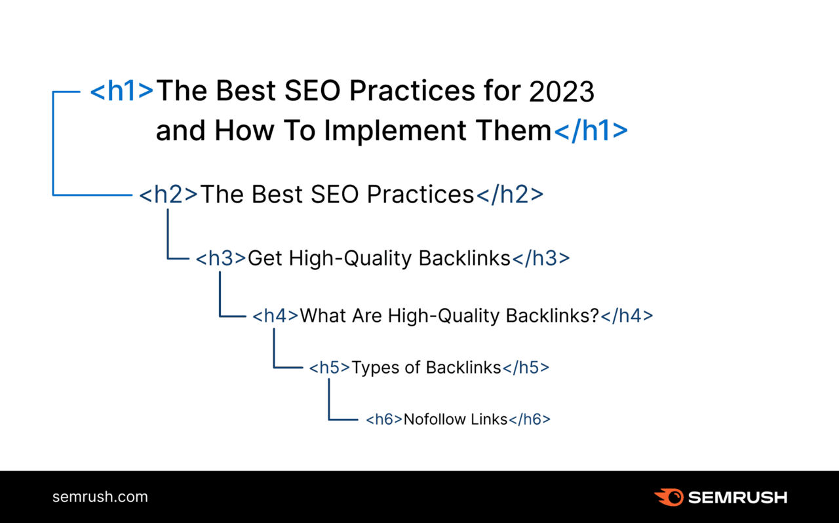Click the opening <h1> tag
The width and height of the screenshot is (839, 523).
point(122,91)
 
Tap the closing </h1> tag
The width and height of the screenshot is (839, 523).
point(591,131)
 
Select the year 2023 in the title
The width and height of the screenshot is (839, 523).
point(561,92)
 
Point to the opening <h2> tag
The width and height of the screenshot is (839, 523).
point(168,195)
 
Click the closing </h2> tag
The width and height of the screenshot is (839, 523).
point(509,195)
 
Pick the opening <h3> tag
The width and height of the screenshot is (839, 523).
point(221,258)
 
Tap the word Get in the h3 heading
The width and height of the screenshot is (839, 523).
point(265,258)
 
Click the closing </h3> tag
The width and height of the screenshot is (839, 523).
point(541,258)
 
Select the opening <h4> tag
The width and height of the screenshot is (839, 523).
point(275,316)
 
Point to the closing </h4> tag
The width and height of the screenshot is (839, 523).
point(627,316)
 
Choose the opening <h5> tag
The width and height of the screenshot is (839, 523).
point(330,368)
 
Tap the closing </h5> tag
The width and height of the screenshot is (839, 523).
point(526,368)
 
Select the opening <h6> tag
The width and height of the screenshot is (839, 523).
point(384,419)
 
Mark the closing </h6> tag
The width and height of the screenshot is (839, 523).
point(530,419)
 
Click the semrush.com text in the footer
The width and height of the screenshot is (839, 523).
point(100,497)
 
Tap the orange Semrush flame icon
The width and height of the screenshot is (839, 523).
point(668,497)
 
